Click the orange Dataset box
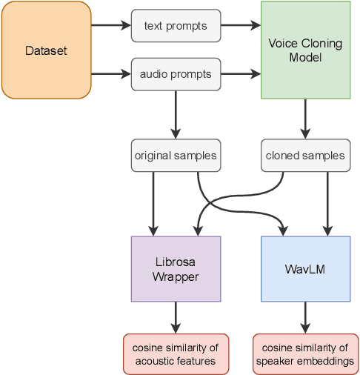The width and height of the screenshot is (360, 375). [x=46, y=51]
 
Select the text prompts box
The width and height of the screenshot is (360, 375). [x=176, y=27]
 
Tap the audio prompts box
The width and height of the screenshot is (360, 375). [x=176, y=74]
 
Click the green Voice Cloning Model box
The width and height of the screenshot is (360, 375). [x=305, y=50]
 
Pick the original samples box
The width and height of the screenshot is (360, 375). [x=176, y=156]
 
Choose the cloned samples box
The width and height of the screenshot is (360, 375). [x=305, y=156]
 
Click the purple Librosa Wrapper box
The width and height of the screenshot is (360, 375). [x=176, y=269]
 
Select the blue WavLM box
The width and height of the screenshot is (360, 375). [x=305, y=269]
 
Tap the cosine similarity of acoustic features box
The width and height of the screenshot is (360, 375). [x=176, y=354]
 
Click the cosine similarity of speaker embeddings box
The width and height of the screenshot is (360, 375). [x=305, y=354]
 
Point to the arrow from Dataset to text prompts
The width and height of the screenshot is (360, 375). [x=110, y=27]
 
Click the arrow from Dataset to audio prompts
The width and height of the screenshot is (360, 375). [x=110, y=74]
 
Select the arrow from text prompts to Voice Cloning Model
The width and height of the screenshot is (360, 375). [x=240, y=27]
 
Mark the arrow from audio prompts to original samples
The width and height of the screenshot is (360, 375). [x=176, y=114]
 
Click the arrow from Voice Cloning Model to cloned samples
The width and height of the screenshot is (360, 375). [x=305, y=119]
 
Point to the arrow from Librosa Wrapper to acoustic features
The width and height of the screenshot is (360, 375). [x=176, y=317]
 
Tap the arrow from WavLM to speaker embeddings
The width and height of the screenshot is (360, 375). [x=305, y=317]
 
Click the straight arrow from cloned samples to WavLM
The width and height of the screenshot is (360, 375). [x=326, y=203]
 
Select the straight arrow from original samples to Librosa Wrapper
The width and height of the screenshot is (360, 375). [x=154, y=203]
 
